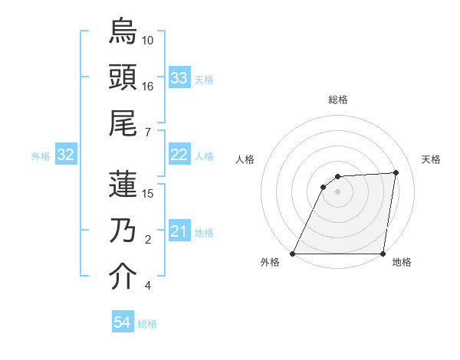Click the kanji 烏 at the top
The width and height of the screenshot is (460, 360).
(123, 31)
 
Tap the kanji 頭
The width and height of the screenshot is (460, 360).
(123, 77)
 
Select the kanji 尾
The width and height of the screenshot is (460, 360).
(123, 124)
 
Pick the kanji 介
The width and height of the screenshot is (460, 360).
(123, 277)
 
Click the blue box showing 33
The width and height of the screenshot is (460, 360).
(179, 77)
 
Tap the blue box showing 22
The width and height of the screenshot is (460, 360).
(179, 155)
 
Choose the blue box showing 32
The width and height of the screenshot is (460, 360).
(65, 155)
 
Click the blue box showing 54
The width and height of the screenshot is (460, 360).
(122, 322)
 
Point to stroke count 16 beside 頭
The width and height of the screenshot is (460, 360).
(148, 86)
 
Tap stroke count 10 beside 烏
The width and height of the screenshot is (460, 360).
(148, 40)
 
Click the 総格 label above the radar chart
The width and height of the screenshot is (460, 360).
(338, 100)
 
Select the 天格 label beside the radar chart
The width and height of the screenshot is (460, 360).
(431, 159)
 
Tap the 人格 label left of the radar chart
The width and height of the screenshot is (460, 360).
(245, 159)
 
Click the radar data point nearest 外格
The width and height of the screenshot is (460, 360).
(293, 254)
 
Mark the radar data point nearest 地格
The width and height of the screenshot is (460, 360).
(383, 254)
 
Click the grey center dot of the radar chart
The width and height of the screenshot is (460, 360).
(338, 191)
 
